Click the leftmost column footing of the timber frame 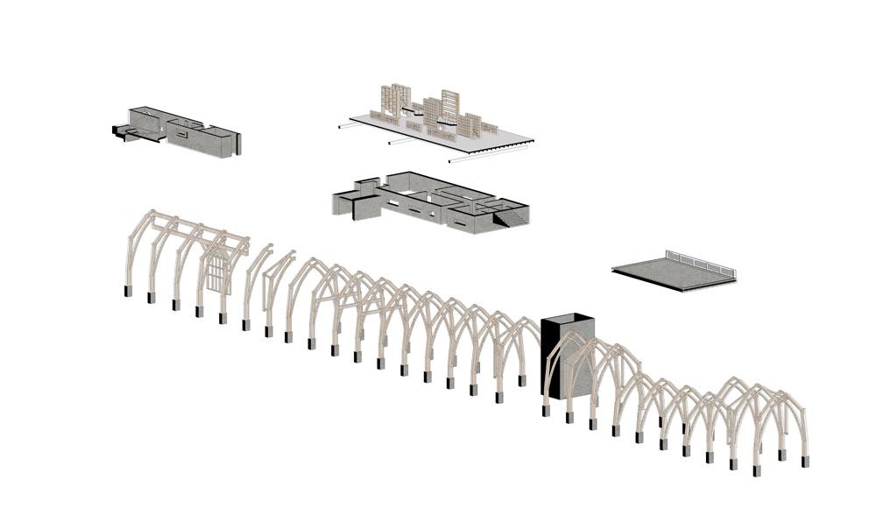click(x=128, y=291)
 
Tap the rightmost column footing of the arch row click(x=805, y=459)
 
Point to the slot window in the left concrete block click(x=185, y=136)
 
